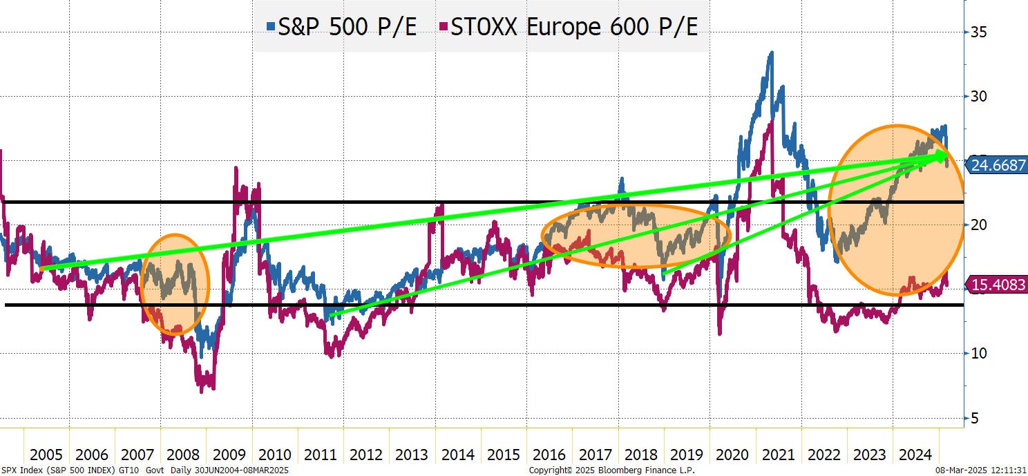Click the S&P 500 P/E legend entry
click(x=341, y=28)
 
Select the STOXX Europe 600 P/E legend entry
click(x=569, y=28)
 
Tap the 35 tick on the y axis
click(x=979, y=32)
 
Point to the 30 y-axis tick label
click(x=979, y=96)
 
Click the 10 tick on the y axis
click(x=979, y=353)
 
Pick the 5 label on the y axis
click(x=975, y=418)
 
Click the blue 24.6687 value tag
click(x=998, y=165)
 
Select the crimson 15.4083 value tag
click(x=998, y=284)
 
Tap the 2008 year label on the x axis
click(x=183, y=455)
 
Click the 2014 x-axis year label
click(x=457, y=455)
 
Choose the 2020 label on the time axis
click(x=732, y=455)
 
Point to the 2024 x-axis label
click(x=915, y=455)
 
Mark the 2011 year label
click(x=321, y=455)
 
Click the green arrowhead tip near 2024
click(x=947, y=156)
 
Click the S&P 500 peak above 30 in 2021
click(x=771, y=53)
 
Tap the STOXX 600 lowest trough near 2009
click(x=202, y=391)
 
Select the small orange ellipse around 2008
click(x=174, y=285)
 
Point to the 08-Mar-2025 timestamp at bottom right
click(x=981, y=470)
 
